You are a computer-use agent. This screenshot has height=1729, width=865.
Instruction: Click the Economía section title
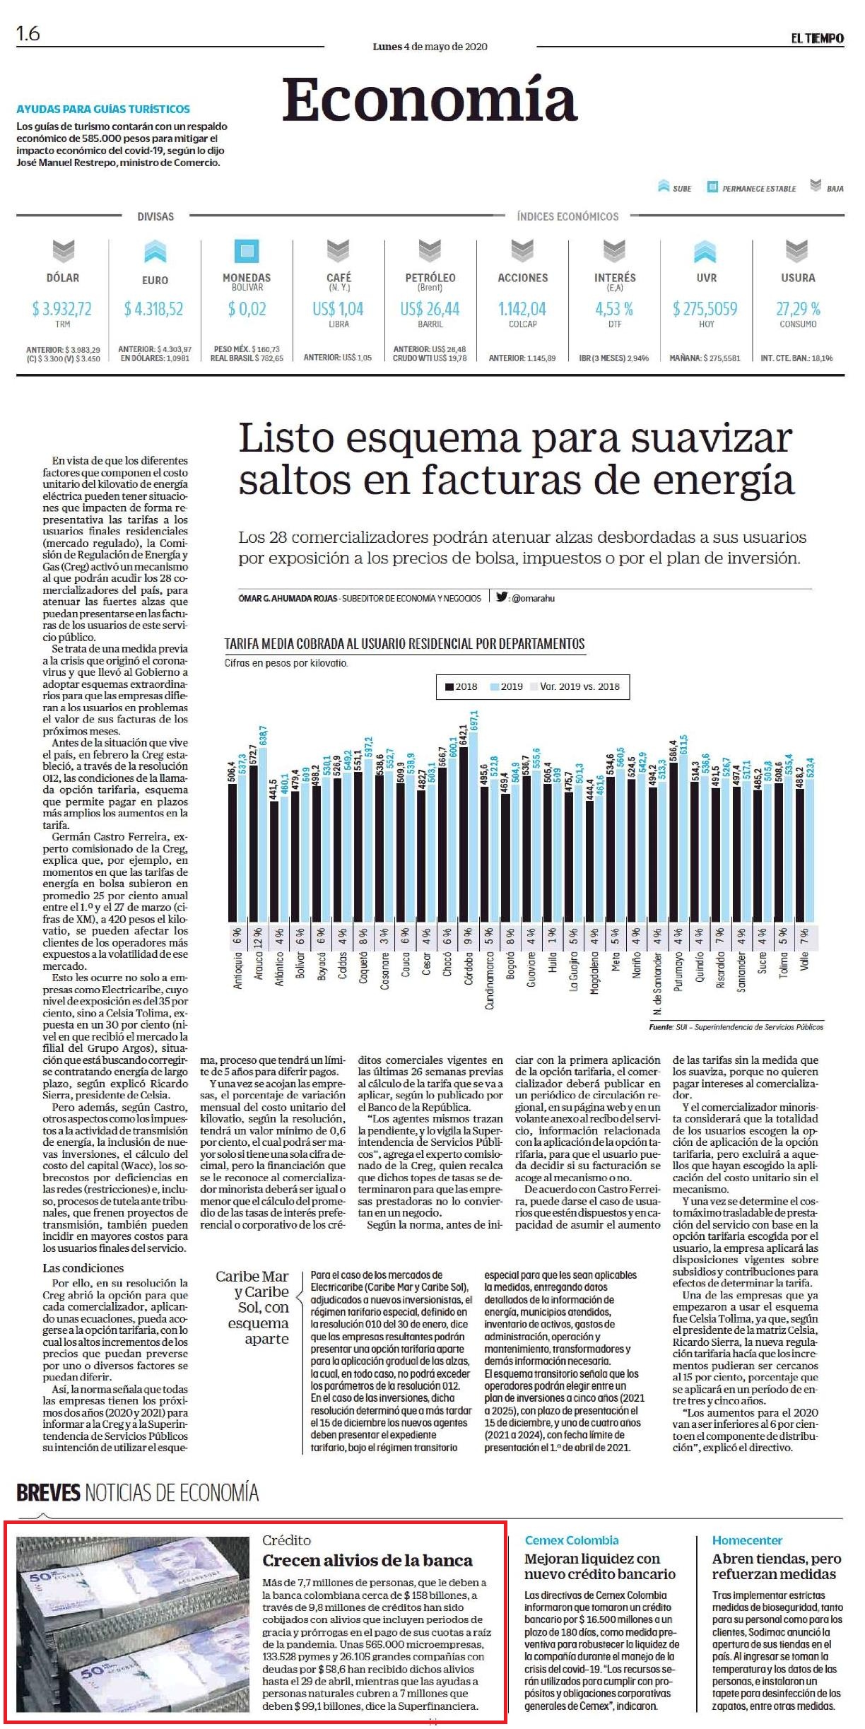[430, 100]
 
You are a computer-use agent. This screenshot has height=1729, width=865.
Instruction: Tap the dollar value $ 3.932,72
[62, 309]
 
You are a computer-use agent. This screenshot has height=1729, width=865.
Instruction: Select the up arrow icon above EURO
[155, 252]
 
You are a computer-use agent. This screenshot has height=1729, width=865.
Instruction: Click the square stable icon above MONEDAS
[247, 251]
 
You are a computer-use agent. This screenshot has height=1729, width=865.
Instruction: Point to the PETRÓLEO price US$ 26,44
[430, 309]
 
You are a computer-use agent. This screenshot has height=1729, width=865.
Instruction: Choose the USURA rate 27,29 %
[798, 309]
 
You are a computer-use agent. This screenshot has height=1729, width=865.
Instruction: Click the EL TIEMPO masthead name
[818, 38]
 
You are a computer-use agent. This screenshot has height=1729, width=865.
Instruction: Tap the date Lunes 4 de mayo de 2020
[430, 47]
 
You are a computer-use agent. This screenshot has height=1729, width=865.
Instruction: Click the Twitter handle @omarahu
[533, 598]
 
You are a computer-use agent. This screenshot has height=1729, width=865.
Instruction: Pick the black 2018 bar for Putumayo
[673, 843]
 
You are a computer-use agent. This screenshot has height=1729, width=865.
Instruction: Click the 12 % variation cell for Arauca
[258, 937]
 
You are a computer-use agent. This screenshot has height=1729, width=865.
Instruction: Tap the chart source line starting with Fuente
[736, 1026]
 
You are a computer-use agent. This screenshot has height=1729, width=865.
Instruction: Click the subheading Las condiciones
[83, 1268]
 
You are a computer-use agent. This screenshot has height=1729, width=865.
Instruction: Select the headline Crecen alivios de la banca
[367, 1560]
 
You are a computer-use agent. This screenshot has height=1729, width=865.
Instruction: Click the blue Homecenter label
[747, 1540]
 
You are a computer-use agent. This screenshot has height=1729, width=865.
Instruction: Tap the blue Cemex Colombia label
[572, 1540]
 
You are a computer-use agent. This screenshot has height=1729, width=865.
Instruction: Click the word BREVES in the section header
[49, 1492]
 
